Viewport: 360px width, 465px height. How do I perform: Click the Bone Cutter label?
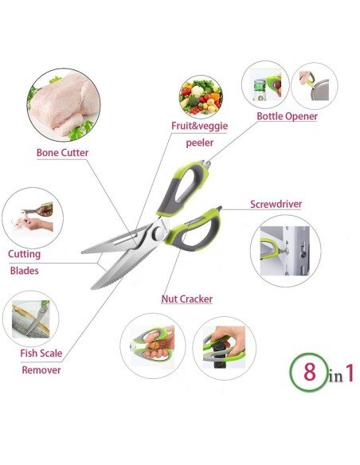[62, 152]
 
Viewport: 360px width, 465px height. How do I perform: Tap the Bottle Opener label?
[287, 116]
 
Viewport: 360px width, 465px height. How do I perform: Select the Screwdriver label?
[276, 204]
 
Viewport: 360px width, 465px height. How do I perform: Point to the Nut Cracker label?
[186, 299]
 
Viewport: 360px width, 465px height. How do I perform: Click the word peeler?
[199, 144]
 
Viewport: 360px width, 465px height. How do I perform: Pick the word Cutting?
[25, 254]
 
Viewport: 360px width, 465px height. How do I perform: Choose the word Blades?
[24, 270]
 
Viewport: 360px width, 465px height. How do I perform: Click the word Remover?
[41, 369]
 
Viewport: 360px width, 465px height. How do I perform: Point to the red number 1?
[348, 373]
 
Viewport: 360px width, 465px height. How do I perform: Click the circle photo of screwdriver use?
[285, 250]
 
